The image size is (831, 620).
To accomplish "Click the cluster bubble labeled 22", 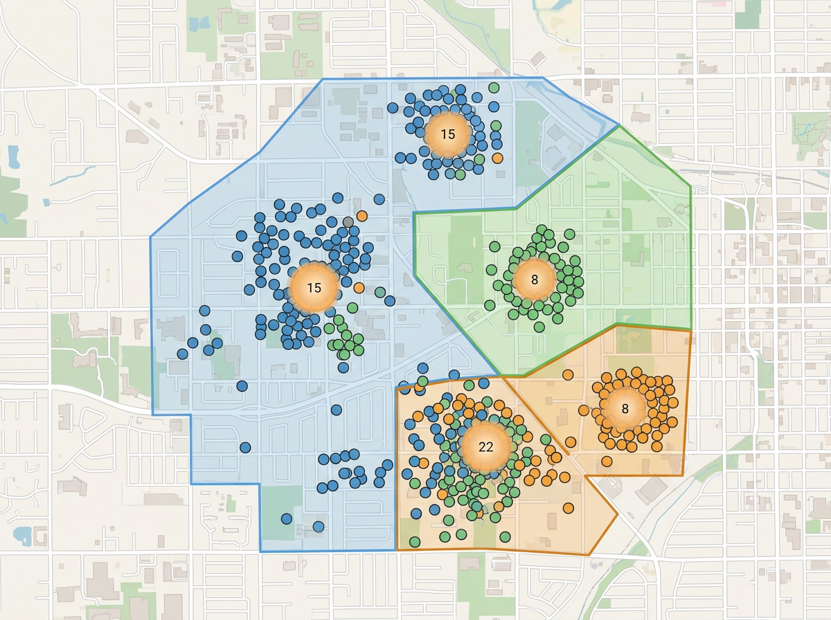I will click(x=486, y=447).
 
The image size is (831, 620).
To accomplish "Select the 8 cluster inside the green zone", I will click(x=535, y=280).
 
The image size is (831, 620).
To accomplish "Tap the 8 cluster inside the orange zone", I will click(x=625, y=408).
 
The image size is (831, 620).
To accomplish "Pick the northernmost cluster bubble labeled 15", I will click(x=448, y=134).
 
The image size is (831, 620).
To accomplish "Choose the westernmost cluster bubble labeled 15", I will click(x=314, y=288).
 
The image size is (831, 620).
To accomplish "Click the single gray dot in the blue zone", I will click(x=348, y=221).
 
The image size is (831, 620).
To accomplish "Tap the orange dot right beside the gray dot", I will click(x=361, y=216).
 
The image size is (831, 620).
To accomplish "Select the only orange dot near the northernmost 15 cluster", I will click(x=497, y=158).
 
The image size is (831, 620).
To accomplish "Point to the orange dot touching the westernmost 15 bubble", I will click(x=358, y=287).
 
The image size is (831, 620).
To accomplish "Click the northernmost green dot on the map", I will click(x=494, y=88).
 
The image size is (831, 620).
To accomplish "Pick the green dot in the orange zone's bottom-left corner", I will click(x=414, y=541).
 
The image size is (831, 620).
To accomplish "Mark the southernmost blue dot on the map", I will click(x=318, y=527).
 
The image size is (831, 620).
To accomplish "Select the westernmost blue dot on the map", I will click(x=182, y=354).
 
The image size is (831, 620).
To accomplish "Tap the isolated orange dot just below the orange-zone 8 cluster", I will click(x=607, y=461).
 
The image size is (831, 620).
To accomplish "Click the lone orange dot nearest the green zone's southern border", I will click(x=568, y=375).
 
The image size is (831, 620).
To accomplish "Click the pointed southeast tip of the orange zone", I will click(x=617, y=515).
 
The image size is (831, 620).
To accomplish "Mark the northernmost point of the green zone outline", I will click(x=618, y=126).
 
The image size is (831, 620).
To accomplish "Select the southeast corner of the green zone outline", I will click(x=691, y=329).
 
